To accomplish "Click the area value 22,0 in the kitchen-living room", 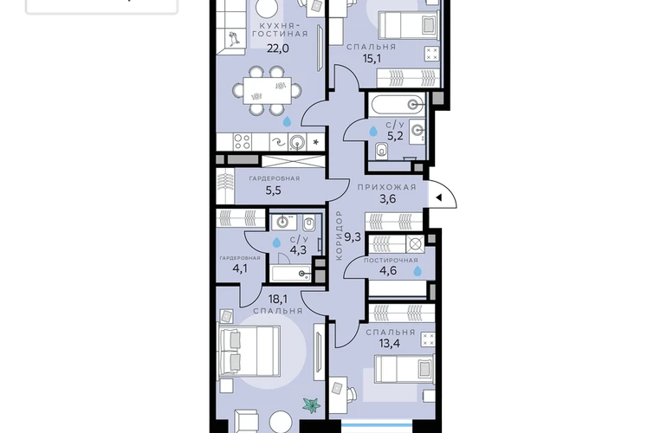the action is (x=278, y=48).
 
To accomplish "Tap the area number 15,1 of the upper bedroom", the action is (x=372, y=59).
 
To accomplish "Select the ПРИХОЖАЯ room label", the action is (x=386, y=187).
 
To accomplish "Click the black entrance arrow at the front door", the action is (x=439, y=197).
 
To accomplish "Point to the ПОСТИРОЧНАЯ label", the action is (x=391, y=261).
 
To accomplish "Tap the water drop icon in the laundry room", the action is (x=418, y=271).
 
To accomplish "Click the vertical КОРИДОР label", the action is (x=339, y=236).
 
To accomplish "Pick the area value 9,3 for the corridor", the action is (x=353, y=237).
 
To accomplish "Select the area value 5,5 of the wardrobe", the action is (x=274, y=191).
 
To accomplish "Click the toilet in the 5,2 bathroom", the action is (x=382, y=150).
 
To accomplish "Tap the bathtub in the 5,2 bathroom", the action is (x=398, y=104).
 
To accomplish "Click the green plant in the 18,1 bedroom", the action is (x=311, y=404).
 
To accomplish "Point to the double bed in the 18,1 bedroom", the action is (x=249, y=352).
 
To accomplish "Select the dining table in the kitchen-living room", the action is (x=267, y=91).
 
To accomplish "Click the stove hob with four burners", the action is (x=243, y=142).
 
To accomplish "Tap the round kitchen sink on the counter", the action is (x=297, y=142).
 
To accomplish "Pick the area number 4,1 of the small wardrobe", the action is (x=240, y=268).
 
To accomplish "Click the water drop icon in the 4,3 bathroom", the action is (x=276, y=242).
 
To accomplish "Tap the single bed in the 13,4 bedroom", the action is (x=405, y=368).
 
